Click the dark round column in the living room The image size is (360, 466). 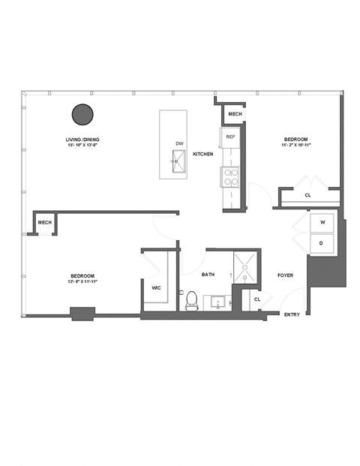tap(82, 115)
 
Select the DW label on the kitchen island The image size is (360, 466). tap(179, 143)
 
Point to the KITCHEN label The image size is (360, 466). tap(203, 154)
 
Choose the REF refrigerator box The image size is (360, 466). tap(230, 137)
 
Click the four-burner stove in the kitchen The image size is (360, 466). tap(230, 177)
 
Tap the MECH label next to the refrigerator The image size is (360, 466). tap(235, 114)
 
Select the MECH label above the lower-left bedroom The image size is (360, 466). tap(45, 223)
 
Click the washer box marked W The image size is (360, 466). tap(322, 223)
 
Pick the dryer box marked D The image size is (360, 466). tap(322, 243)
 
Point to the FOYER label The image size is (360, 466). tap(284, 275)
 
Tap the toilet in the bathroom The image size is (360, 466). tap(191, 300)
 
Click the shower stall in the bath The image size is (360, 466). tap(244, 266)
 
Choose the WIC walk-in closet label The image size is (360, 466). tap(156, 287)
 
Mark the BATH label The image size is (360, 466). tap(209, 275)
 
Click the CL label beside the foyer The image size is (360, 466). tap(256, 299)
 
